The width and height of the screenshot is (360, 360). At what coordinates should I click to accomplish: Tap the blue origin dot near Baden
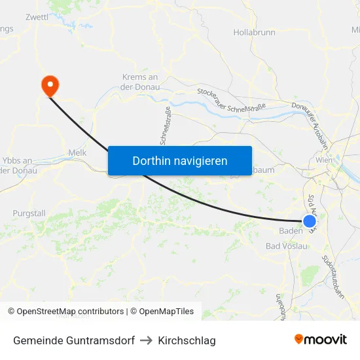310,222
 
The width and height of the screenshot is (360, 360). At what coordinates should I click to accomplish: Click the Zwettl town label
37,17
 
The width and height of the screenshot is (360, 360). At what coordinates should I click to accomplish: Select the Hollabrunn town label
254,32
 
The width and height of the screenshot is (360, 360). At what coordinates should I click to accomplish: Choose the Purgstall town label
29,213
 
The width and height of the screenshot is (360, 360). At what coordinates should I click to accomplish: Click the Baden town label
291,231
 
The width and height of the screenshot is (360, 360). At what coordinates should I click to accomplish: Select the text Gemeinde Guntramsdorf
74,340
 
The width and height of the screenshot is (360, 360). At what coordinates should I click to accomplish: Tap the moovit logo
321,339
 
